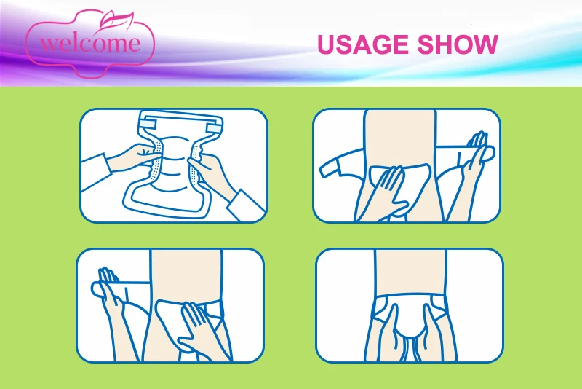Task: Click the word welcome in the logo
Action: point(90,43)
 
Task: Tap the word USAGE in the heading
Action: point(362,44)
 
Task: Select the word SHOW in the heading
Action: point(458,44)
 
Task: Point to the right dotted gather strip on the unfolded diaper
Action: point(195,162)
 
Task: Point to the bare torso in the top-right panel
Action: point(400,138)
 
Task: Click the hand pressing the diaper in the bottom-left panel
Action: point(197,331)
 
